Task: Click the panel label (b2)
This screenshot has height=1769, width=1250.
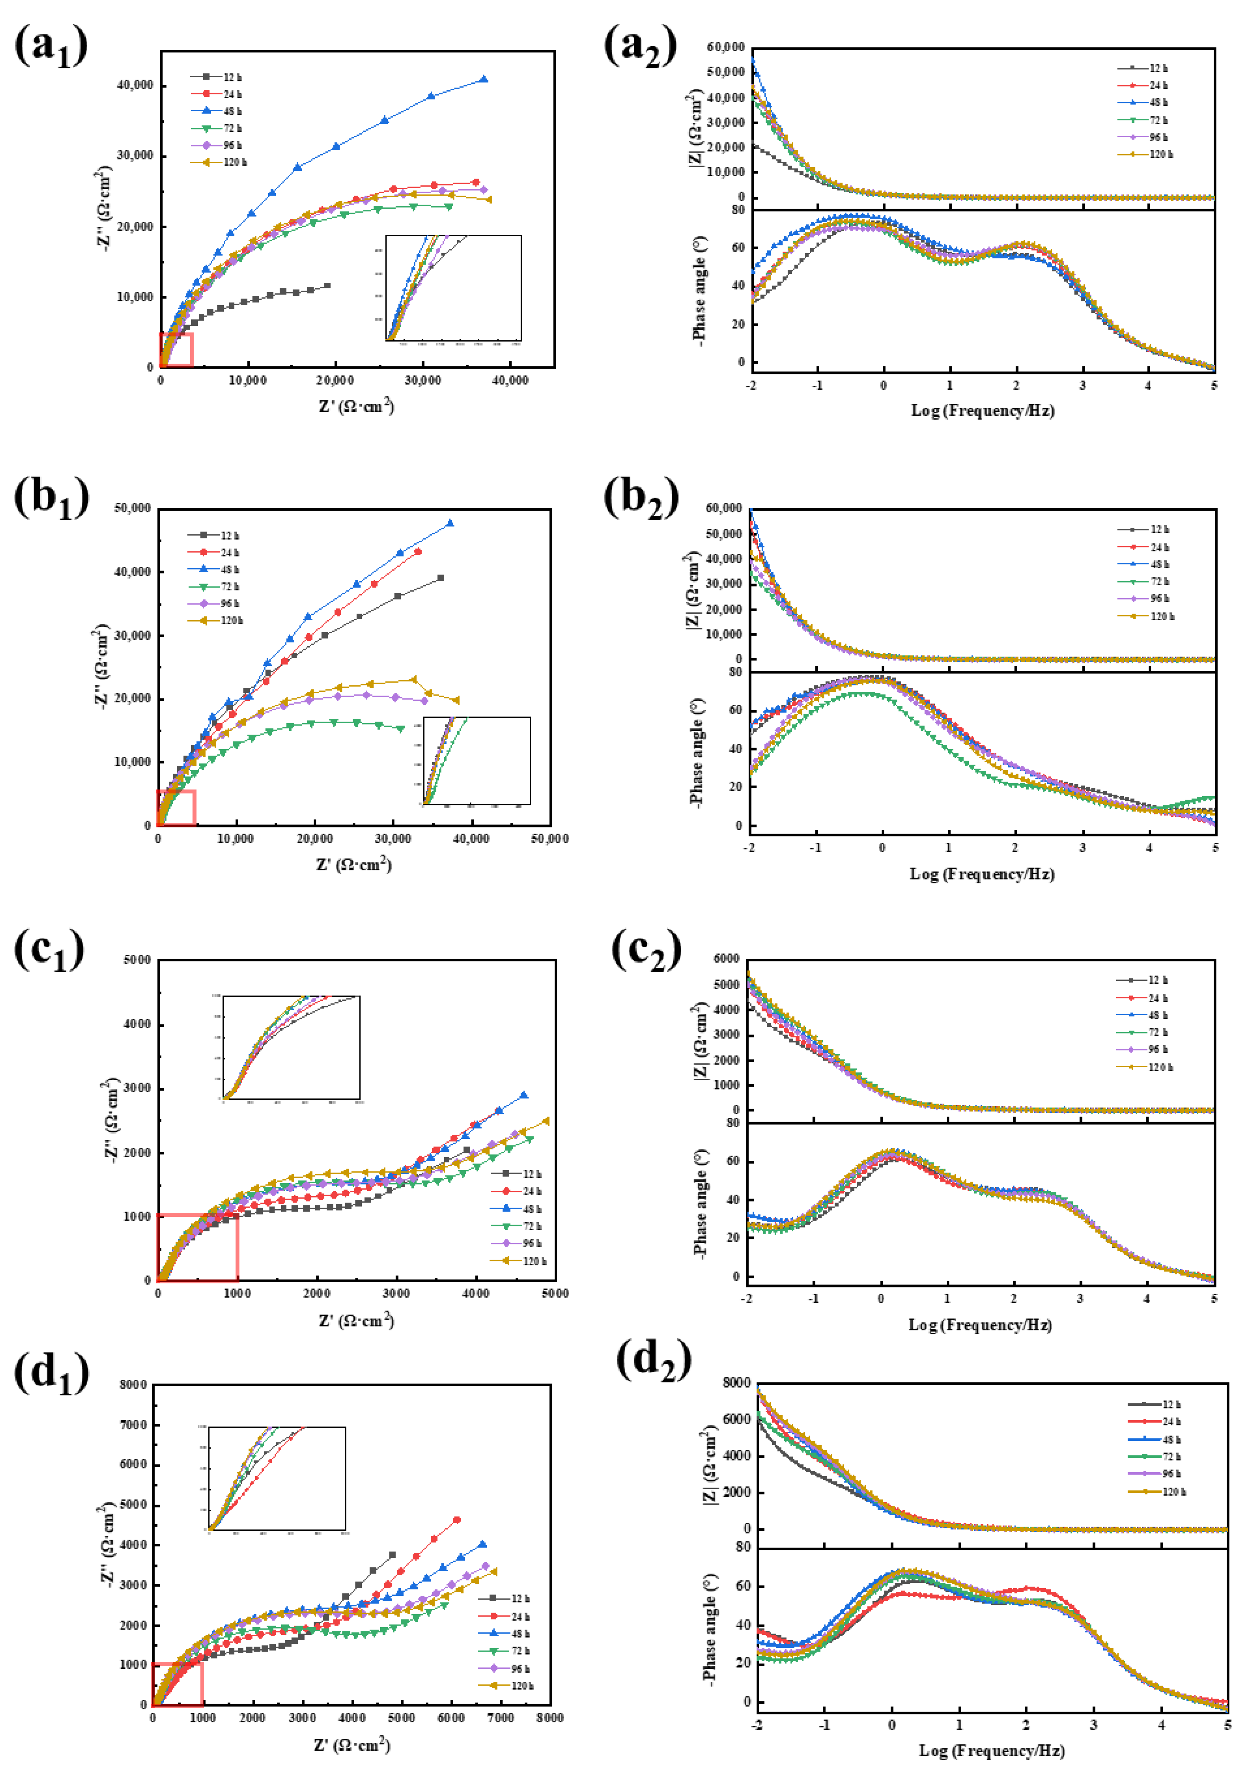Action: pyautogui.click(x=640, y=499)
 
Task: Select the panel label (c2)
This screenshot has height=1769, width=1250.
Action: pyautogui.click(x=646, y=950)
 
